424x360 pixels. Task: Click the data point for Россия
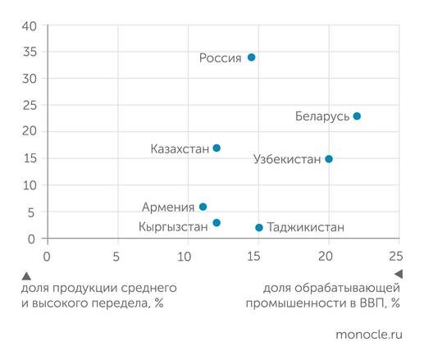252,57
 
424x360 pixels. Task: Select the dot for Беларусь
356,116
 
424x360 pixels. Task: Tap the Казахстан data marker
217,148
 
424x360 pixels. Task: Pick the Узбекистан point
329,159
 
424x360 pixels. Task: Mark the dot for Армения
203,207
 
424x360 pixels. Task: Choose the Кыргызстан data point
217,223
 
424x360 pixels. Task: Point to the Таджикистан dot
259,227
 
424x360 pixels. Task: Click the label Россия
221,57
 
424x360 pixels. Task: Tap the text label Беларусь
322,116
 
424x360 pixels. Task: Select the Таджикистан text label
306,227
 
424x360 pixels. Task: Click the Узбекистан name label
286,159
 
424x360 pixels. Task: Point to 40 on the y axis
30,25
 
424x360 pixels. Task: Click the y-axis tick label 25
30,106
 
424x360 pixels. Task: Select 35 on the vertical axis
30,52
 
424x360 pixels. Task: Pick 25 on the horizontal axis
395,255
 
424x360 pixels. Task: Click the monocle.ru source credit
369,335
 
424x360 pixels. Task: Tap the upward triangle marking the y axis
27,275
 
